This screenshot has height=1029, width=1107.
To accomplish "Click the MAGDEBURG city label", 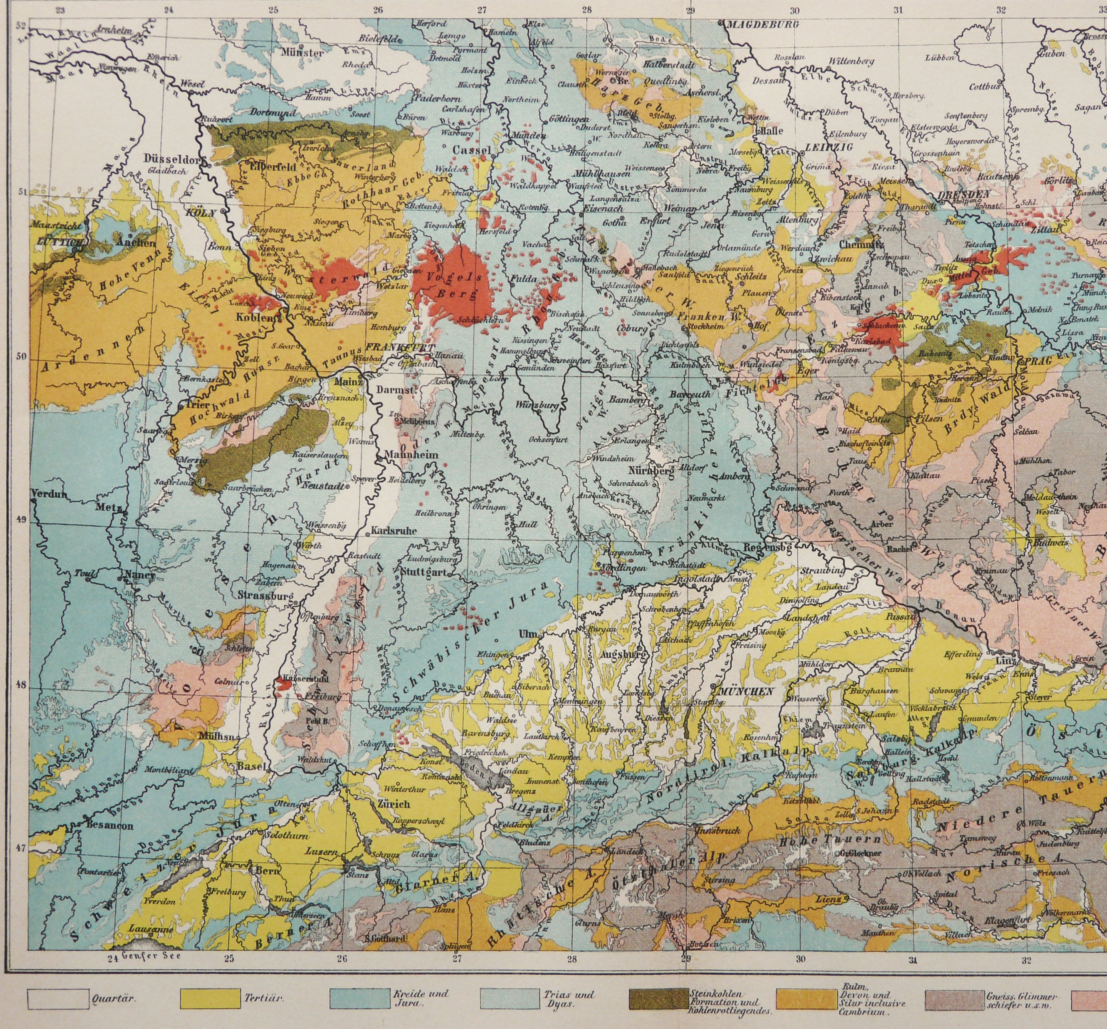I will (x=763, y=24).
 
